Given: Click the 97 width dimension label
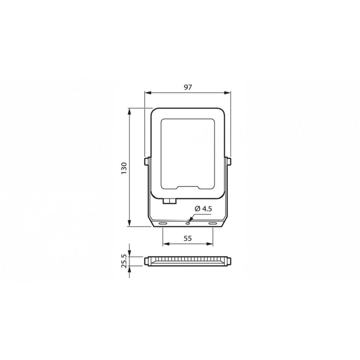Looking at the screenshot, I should [x=187, y=87].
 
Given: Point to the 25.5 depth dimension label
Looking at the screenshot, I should [x=123, y=261].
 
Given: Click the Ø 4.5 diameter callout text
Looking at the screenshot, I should [x=204, y=208].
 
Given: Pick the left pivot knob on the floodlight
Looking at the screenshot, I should [x=147, y=161].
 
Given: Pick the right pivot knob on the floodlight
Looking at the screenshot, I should [x=228, y=161].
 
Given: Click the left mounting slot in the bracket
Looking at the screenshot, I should [x=163, y=223].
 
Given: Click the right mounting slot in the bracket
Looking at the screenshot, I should [x=212, y=223].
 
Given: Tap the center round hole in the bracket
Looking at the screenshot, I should [x=188, y=223].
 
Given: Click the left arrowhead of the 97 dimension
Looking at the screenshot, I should [x=147, y=93].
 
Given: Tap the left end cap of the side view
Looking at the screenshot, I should [x=147, y=261].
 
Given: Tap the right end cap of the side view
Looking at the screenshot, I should [x=228, y=261].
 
